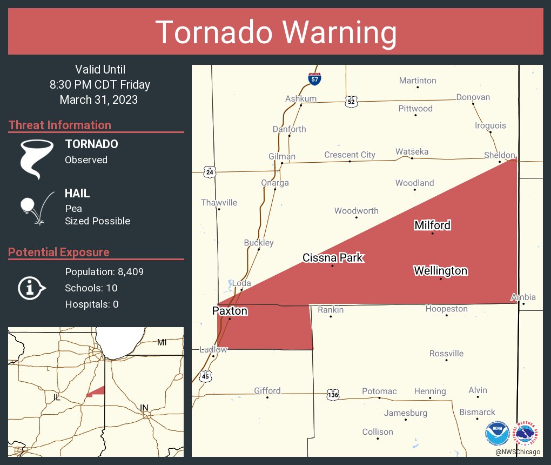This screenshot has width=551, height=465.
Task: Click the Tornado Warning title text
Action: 275,32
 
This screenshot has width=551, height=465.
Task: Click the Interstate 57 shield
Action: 314,78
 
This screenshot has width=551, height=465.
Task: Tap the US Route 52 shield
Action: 351,101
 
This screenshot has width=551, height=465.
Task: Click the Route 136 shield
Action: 333,396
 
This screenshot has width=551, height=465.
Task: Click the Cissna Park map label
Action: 333,257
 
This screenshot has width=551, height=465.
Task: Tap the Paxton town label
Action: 230,311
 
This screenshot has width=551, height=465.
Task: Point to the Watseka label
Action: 412,151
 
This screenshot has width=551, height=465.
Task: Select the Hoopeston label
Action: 446,309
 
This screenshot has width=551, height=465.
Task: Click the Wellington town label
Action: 440,270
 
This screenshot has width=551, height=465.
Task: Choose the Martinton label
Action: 418,81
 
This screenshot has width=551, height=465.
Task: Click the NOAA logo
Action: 497,434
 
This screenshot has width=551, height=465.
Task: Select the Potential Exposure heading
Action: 59,252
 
